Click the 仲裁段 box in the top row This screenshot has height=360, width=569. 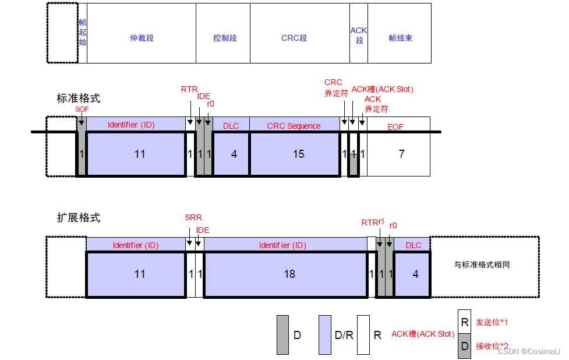click(142, 38)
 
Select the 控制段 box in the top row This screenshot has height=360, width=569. click(225, 38)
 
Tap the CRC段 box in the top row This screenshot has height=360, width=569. click(294, 38)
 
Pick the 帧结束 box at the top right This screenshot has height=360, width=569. click(400, 38)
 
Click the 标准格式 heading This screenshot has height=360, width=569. click(78, 98)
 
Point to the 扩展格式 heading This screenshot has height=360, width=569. click(78, 218)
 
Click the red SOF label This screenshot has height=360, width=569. click(82, 109)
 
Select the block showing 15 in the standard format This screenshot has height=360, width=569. click(298, 154)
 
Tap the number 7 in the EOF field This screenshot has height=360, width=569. click(401, 154)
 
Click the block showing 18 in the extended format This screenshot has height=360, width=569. click(289, 274)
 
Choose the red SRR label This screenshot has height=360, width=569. click(193, 218)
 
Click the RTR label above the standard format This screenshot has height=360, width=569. click(189, 89)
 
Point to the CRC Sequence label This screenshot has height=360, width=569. click(294, 126)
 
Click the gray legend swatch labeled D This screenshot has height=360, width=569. click(282, 335)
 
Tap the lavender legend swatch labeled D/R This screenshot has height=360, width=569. click(325, 335)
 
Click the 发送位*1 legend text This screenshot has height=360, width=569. click(492, 322)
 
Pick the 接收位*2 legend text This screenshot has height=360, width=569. click(492, 346)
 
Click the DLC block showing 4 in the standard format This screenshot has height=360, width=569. click(234, 154)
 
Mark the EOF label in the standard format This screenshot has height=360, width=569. click(395, 126)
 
